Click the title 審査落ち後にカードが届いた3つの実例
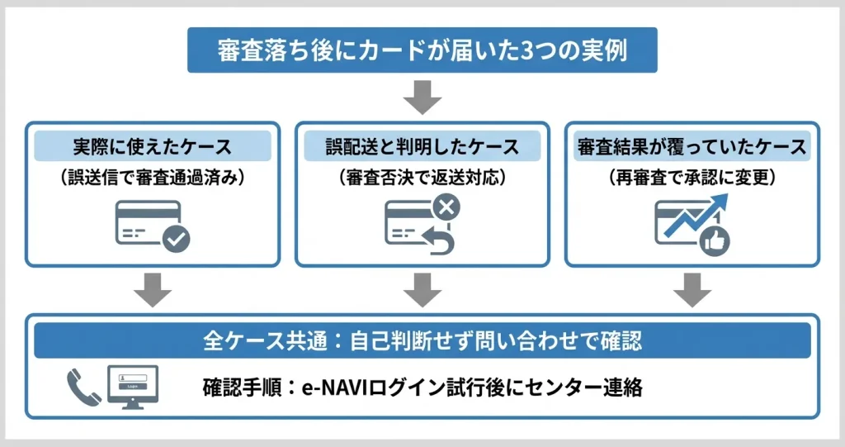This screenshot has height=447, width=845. tap(422, 50)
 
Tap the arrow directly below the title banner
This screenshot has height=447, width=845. tap(422, 97)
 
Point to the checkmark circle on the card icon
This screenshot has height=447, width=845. tap(176, 239)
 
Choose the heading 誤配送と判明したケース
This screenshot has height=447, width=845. tap(422, 147)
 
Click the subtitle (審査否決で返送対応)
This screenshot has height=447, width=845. tap(422, 176)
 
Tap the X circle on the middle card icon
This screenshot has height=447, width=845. tap(446, 207)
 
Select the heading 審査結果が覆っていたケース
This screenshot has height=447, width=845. tap(692, 147)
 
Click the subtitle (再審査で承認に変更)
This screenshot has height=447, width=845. tap(692, 176)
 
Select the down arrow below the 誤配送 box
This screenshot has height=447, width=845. tap(422, 288)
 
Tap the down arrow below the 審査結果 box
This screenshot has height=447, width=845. tap(692, 288)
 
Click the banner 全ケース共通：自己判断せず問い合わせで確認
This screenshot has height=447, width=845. tap(422, 340)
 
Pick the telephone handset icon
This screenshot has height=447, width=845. tap(83, 386)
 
